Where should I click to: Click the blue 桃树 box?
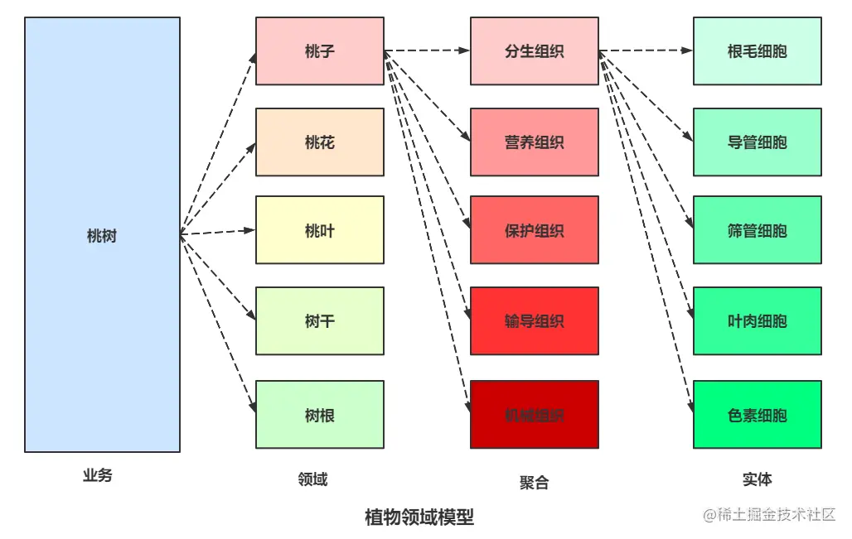[x=102, y=235]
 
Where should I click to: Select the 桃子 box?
[x=319, y=51]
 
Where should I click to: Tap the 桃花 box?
[x=319, y=142]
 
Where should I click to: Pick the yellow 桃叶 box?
[x=319, y=230]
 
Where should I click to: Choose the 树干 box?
[x=319, y=321]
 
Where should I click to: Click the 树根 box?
[x=319, y=415]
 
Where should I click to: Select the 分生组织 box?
[x=534, y=51]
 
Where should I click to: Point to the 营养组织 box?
[x=534, y=142]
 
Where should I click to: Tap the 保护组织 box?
[x=534, y=230]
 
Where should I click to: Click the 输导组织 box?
[x=534, y=321]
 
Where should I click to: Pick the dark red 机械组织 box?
[x=534, y=415]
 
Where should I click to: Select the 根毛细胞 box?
[x=757, y=51]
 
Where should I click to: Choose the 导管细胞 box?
[x=757, y=142]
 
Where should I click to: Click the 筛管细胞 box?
[x=757, y=230]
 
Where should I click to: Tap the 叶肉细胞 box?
[x=757, y=321]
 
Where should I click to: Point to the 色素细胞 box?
[x=757, y=415]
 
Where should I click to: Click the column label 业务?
[x=97, y=476]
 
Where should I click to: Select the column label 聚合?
[x=534, y=483]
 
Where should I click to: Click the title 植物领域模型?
[x=419, y=517]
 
